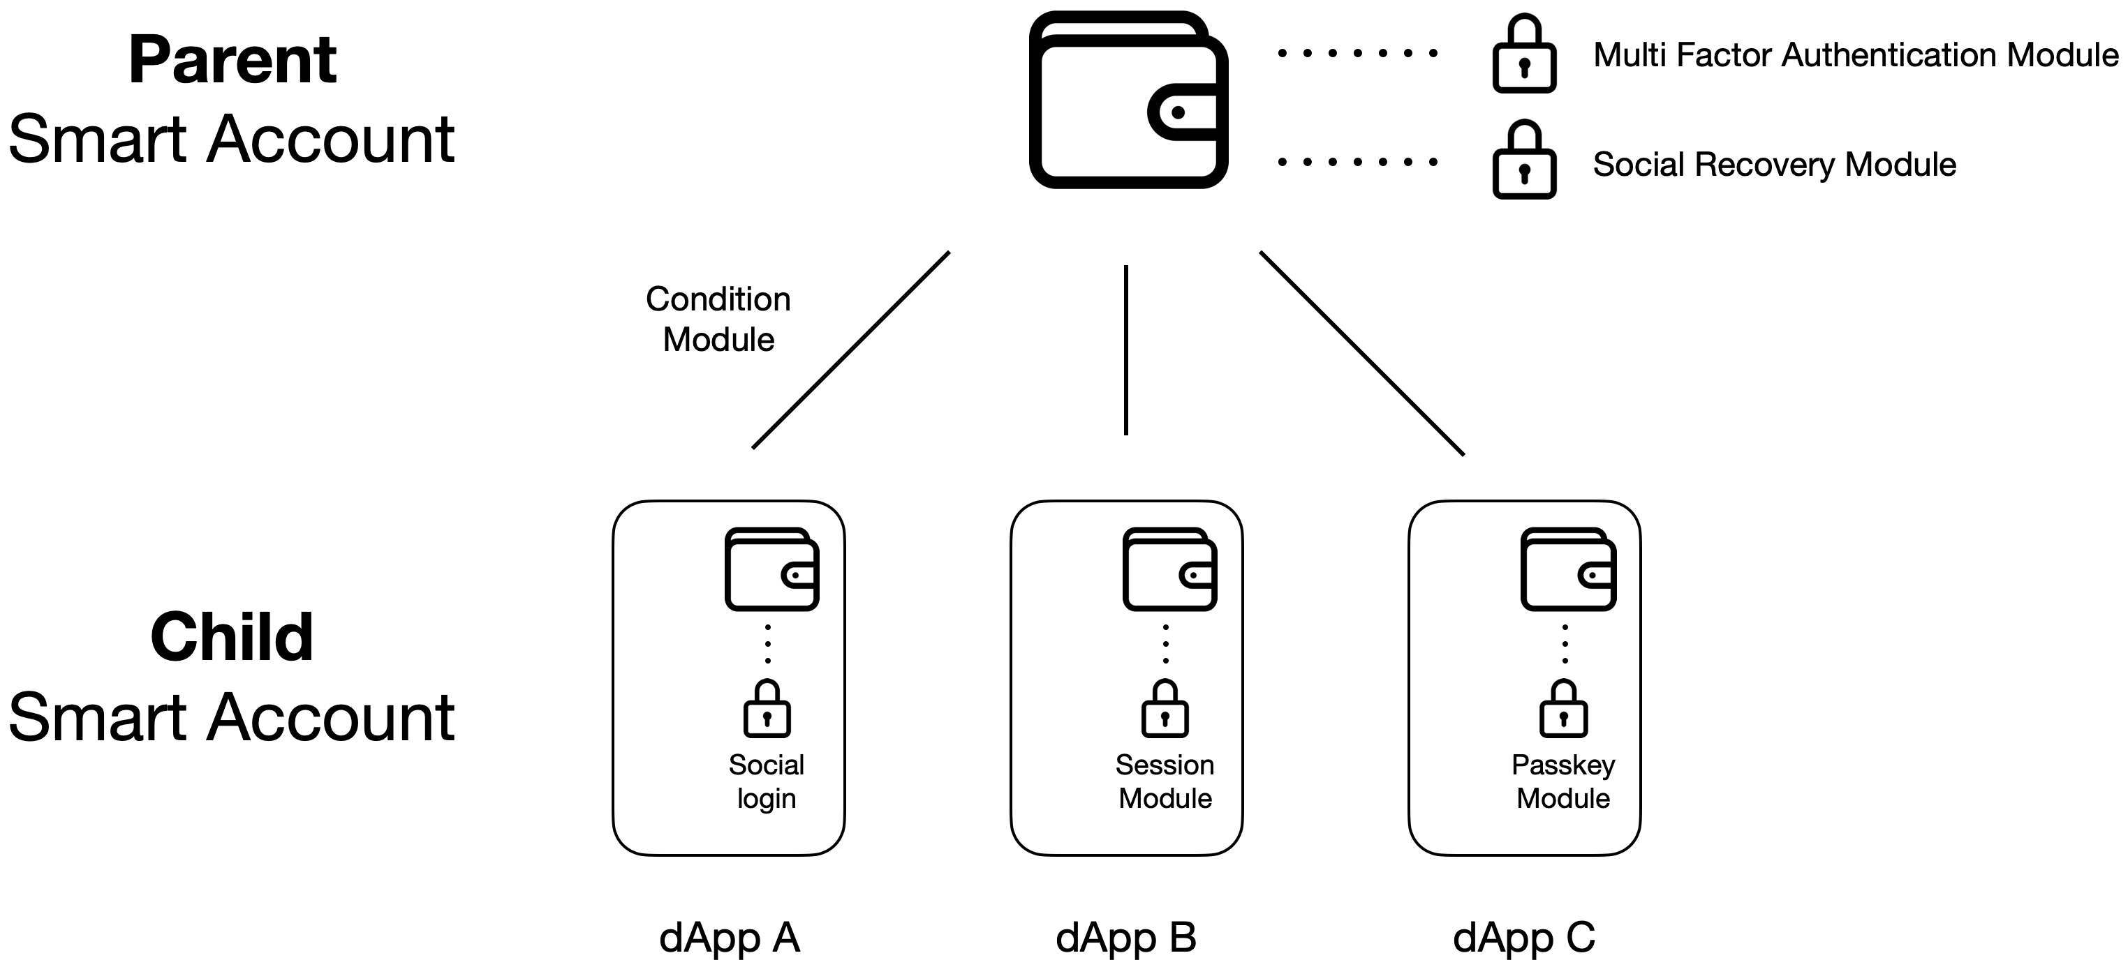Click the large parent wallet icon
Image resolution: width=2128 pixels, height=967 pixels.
click(1128, 99)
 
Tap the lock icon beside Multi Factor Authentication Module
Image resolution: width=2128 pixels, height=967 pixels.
click(1524, 54)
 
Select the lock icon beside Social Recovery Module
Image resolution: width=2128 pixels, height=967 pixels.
click(1524, 159)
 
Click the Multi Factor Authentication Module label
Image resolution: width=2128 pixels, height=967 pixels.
click(1856, 54)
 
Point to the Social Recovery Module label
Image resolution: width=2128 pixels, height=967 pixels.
click(1775, 165)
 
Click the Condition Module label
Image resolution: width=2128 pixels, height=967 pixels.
click(718, 319)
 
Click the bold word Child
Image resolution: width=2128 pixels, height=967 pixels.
click(232, 638)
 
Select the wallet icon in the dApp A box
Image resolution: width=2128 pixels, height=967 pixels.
click(771, 569)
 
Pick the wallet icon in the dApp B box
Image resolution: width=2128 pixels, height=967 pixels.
click(1169, 569)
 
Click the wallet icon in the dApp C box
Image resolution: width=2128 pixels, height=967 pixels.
click(1568, 569)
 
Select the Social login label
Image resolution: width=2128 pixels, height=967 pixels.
click(767, 782)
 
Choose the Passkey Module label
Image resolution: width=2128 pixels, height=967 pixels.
click(1563, 782)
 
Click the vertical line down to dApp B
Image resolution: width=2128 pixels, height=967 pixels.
click(1126, 350)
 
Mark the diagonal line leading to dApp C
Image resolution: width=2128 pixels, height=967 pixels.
click(1362, 354)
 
